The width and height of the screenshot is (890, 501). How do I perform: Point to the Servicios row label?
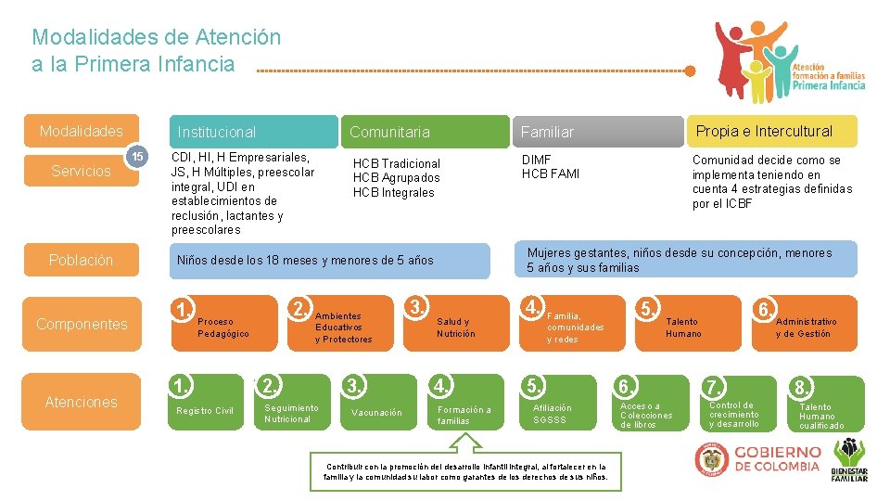pos(82,172)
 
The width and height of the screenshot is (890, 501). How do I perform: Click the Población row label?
pos(82,260)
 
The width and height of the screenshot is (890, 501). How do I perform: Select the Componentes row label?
pos(82,324)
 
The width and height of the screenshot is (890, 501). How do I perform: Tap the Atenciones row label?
pos(82,402)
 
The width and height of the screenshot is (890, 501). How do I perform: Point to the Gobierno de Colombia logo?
pos(758,459)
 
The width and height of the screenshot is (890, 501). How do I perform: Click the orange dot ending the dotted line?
pos(690,71)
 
